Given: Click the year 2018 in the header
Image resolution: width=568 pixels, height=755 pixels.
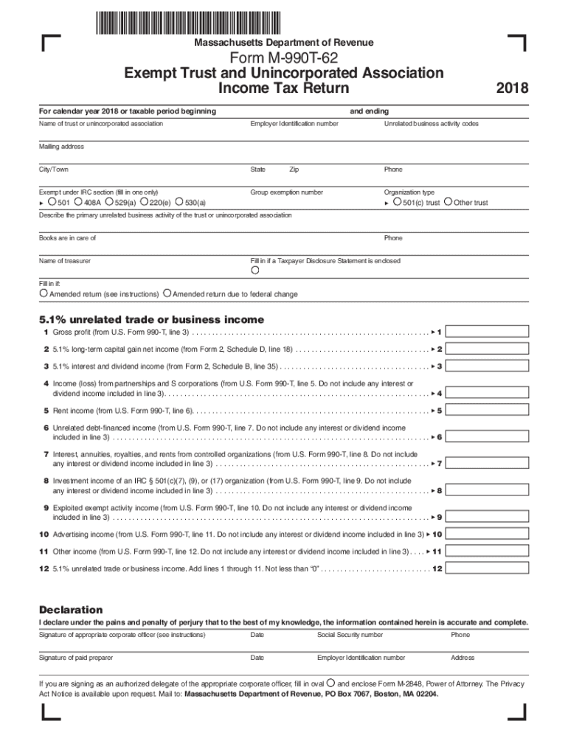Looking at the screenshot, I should pyautogui.click(x=512, y=88).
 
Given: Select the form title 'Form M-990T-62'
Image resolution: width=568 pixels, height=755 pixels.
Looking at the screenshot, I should pyautogui.click(x=284, y=58).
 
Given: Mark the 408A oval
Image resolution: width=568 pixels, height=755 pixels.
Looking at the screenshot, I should pyautogui.click(x=78, y=202).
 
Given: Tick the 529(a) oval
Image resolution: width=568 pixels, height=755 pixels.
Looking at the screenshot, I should pyautogui.click(x=109, y=202).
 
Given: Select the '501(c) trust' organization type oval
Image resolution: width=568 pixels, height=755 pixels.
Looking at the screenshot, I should pyautogui.click(x=397, y=202).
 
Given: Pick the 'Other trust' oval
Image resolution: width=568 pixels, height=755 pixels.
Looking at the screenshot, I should pyautogui.click(x=448, y=202).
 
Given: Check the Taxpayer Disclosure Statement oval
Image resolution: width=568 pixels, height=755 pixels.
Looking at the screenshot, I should pyautogui.click(x=255, y=271).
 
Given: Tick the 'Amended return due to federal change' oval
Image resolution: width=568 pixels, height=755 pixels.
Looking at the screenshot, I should pyautogui.click(x=167, y=293).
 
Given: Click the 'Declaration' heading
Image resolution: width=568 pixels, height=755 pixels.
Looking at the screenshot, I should pyautogui.click(x=71, y=610).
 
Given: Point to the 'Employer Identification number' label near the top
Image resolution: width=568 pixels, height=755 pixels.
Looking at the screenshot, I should pyautogui.click(x=294, y=124).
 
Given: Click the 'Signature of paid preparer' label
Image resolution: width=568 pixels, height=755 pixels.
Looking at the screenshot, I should pyautogui.click(x=76, y=658).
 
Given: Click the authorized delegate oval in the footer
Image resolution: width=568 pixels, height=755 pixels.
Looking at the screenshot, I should pyautogui.click(x=331, y=683).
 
